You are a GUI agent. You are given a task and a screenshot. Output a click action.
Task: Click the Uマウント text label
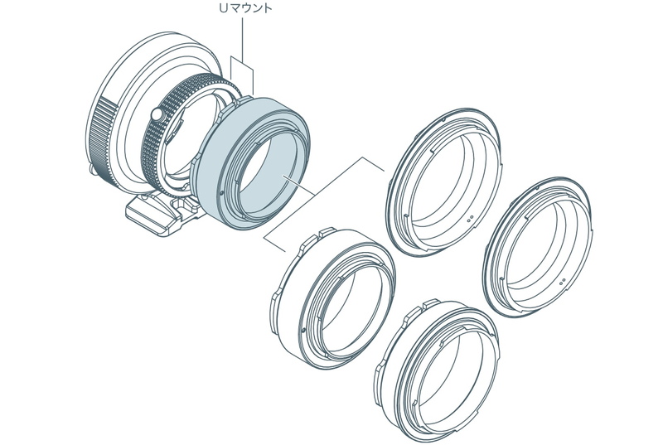(245, 8)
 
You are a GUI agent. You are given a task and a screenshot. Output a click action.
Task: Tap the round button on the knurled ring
(157, 114)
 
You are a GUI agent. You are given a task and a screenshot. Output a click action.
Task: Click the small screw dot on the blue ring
(222, 194)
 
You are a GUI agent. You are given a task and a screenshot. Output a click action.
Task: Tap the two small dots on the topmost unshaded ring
(469, 219)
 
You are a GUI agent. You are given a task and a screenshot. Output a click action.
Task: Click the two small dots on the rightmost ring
(563, 281)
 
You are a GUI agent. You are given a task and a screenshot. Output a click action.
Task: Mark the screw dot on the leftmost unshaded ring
(304, 329)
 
